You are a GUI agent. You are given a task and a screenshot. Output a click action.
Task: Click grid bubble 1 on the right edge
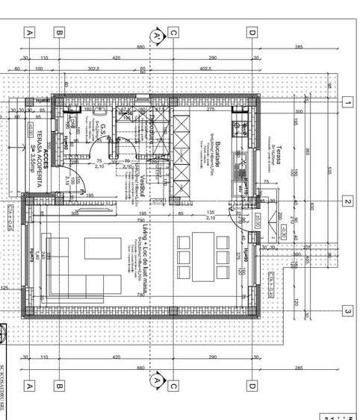pyautogui.click(x=347, y=102)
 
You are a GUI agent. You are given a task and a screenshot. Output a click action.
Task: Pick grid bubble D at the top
pyautogui.click(x=252, y=32)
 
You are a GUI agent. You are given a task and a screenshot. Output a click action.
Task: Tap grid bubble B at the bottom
pyautogui.click(x=59, y=386)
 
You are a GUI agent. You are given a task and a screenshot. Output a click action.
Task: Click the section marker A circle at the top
pyautogui.click(x=155, y=35)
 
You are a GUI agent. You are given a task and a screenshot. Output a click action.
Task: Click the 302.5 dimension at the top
pyautogui.click(x=93, y=69)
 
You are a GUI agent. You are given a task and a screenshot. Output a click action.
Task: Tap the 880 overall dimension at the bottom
pyautogui.click(x=140, y=368)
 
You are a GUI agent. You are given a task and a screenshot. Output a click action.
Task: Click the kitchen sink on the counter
pyautogui.click(x=244, y=128)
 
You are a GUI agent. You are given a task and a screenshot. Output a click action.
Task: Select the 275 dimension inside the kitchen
pyautogui.click(x=211, y=110)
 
